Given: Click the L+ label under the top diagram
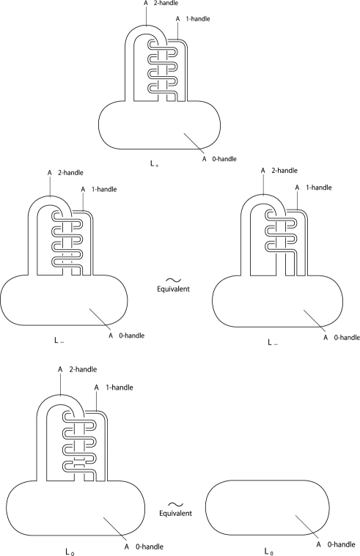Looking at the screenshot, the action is coord(154,164).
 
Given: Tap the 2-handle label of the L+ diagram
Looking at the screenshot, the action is coord(161,3).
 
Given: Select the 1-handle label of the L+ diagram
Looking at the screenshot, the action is coord(193,19).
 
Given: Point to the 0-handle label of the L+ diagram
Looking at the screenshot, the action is coord(219,159).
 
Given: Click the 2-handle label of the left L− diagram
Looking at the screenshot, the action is coord(65,173).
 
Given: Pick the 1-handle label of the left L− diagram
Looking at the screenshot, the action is coord(99,189).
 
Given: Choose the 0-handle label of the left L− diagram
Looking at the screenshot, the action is coord(126,336).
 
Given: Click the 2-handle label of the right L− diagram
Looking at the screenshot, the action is coord(279,171).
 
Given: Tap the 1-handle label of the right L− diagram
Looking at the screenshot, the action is coord(313,188).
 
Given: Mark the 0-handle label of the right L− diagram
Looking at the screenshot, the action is coord(342,338).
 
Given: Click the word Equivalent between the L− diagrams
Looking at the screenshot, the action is coord(173,289).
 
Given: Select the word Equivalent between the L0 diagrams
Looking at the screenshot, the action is coord(175,513).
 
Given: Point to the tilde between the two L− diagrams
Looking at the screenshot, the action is coord(174,280).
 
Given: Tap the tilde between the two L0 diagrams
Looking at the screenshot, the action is coord(176,504).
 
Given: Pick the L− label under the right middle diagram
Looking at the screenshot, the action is coord(273,343).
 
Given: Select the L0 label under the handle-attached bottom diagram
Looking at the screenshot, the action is coord(70,552).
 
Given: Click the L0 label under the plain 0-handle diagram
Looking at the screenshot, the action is coord(269,552).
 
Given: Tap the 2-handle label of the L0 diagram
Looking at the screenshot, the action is coord(78,369).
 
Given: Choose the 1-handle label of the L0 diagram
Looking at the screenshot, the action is coord(114,388).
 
